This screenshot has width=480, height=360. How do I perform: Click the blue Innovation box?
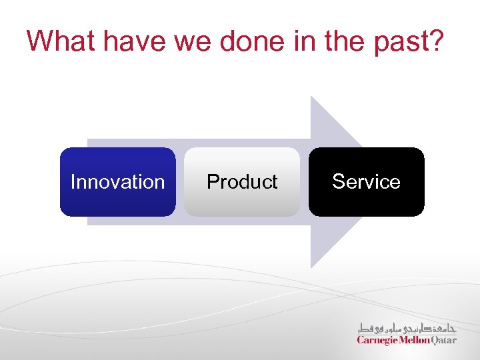click(117, 182)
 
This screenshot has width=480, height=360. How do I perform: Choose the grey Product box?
click(242, 182)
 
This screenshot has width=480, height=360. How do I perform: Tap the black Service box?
click(366, 182)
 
